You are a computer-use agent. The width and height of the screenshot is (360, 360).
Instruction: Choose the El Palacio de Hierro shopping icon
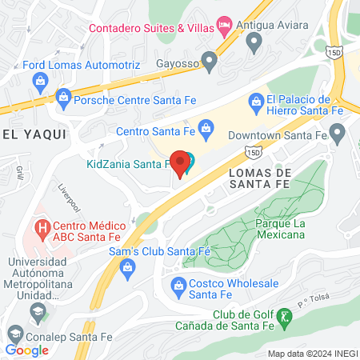coord(256,101)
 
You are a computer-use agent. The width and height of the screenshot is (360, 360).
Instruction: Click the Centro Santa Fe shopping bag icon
coord(206,128)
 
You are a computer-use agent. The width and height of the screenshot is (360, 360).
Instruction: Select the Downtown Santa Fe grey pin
coord(338,131)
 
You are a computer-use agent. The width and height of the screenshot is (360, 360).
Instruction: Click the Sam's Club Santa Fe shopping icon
coord(126,270)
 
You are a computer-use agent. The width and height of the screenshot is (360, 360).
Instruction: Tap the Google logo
coord(27,350)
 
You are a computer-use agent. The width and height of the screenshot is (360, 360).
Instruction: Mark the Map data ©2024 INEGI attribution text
coord(311,354)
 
